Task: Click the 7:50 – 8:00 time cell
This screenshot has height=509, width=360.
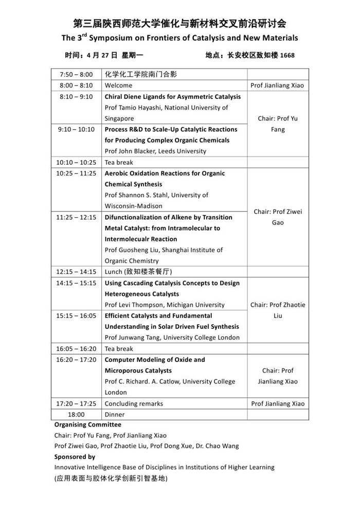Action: (76, 74)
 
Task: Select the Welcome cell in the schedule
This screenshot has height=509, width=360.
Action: (118, 85)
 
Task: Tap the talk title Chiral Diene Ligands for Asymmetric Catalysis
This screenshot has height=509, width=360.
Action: (172, 97)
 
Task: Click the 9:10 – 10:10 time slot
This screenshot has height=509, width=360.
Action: (76, 129)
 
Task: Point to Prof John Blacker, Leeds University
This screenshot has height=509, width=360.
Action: (155, 151)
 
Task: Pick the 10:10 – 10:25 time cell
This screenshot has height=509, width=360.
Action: (76, 162)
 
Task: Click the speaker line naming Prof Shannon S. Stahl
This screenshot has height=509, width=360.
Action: (156, 195)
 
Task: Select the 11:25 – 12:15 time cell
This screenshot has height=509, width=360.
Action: (76, 217)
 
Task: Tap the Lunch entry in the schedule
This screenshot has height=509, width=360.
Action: (138, 272)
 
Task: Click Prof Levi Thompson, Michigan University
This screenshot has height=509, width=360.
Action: (165, 305)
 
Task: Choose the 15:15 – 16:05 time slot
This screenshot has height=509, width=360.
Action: (76, 315)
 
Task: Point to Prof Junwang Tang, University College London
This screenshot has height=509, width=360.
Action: (172, 338)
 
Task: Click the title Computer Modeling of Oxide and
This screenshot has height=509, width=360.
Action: (154, 360)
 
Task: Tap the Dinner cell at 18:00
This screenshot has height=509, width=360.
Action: (115, 414)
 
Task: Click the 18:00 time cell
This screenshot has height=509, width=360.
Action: (76, 414)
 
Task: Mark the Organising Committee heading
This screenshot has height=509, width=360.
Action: (88, 425)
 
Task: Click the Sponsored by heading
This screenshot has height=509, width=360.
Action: (75, 457)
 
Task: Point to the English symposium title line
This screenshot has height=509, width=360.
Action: (179, 38)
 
